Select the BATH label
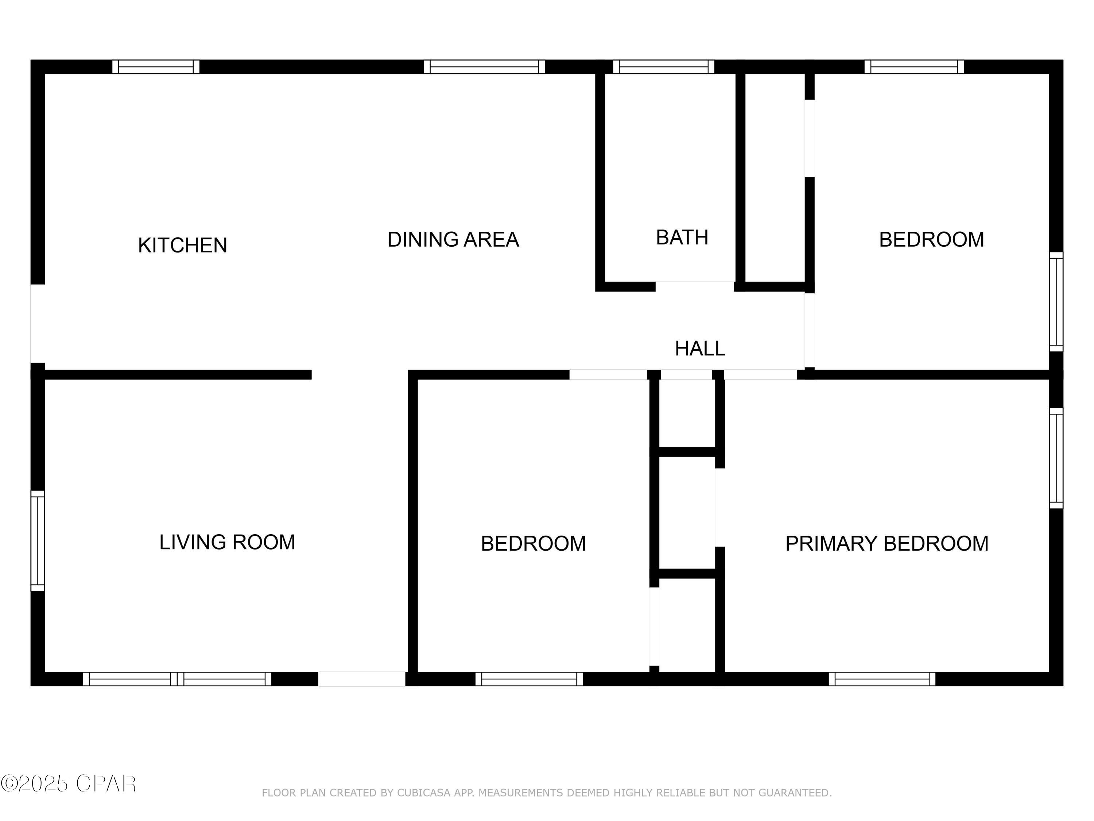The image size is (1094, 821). tap(682, 238)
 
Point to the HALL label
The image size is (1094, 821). tap(699, 349)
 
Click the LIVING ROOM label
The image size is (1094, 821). tap(227, 542)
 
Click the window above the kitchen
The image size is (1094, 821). tap(156, 67)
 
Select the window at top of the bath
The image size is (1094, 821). tap(663, 67)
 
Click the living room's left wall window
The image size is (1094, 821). tap(38, 541)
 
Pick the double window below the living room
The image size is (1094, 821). tap(177, 679)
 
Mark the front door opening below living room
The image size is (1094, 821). tap(361, 679)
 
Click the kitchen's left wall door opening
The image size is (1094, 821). tap(38, 323)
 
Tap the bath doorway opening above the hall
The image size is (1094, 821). tap(694, 286)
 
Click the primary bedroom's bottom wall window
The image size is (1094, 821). tap(882, 679)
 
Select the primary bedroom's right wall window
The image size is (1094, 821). tap(1056, 458)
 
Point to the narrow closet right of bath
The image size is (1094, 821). tap(775, 178)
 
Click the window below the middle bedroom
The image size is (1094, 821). tap(529, 679)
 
